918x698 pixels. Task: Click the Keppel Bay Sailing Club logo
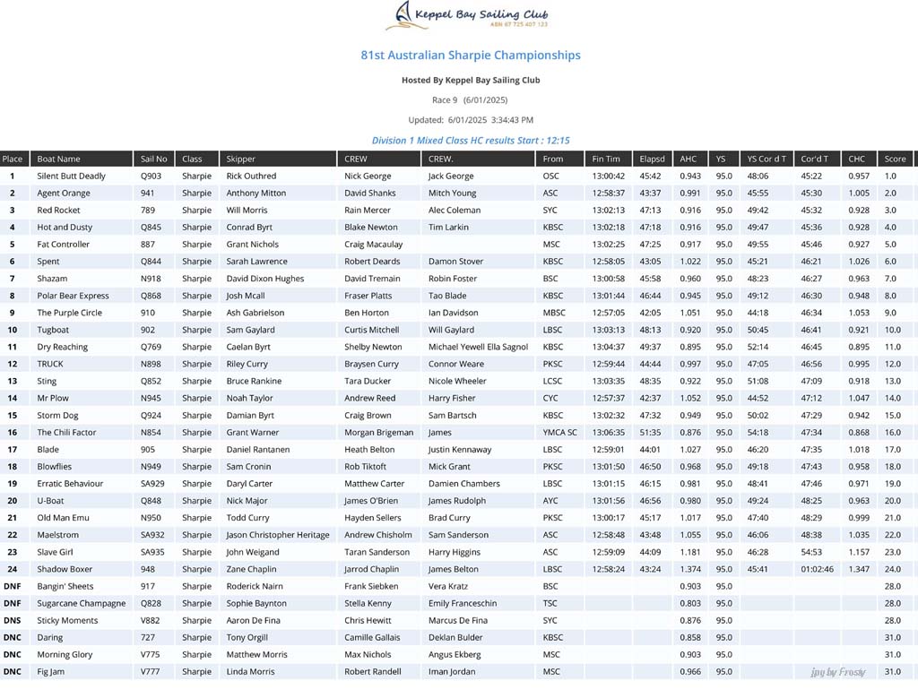pos(472,16)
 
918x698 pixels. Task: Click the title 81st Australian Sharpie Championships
pos(471,56)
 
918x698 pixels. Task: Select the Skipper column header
pos(241,159)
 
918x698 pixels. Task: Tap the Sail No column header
pos(154,159)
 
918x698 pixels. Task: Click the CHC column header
pos(857,159)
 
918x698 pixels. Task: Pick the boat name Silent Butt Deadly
pos(72,177)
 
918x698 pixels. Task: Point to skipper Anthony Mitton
pos(256,194)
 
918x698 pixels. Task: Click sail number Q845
pos(152,228)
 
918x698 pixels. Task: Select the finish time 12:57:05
pos(608,313)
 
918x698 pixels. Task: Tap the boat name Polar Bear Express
pos(74,296)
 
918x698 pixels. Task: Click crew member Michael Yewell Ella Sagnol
pos(478,347)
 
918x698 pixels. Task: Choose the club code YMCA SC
pos(560,433)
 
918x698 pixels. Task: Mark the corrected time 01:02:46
pos(818,569)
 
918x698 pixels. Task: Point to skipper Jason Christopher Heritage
pos(278,535)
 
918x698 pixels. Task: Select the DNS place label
pos(13,620)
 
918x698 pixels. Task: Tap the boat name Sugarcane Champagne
pos(82,603)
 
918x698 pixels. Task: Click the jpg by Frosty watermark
pos(838,672)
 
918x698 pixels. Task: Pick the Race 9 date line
pos(470,100)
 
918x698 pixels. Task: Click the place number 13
pos(13,381)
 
